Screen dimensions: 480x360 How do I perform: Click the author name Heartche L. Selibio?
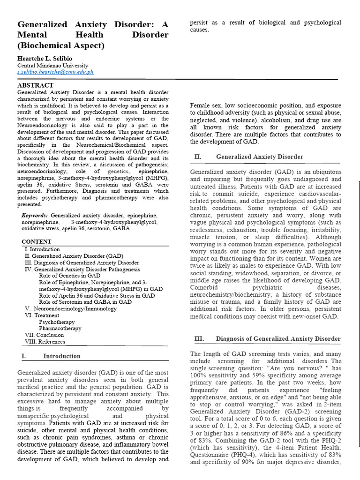47,58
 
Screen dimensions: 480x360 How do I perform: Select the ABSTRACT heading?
35,85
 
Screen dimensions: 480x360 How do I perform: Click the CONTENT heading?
37,242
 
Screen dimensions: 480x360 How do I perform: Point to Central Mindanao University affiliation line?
52,66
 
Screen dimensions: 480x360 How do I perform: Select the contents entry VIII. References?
45,342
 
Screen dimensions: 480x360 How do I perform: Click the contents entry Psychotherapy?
57,322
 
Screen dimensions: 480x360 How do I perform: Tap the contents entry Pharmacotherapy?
60,329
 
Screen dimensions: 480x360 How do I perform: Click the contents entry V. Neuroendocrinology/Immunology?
67,309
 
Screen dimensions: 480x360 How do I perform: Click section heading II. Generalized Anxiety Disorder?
259,157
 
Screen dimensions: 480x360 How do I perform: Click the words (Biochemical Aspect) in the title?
61,45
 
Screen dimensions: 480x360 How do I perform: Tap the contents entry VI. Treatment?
43,315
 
